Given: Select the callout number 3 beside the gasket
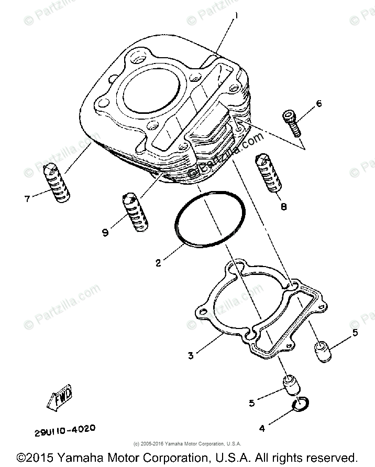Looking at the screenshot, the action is click(191, 355).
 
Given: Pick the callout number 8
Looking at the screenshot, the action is click(283, 206).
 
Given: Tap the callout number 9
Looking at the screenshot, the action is click(105, 232).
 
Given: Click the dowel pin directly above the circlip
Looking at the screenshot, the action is click(291, 386).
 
